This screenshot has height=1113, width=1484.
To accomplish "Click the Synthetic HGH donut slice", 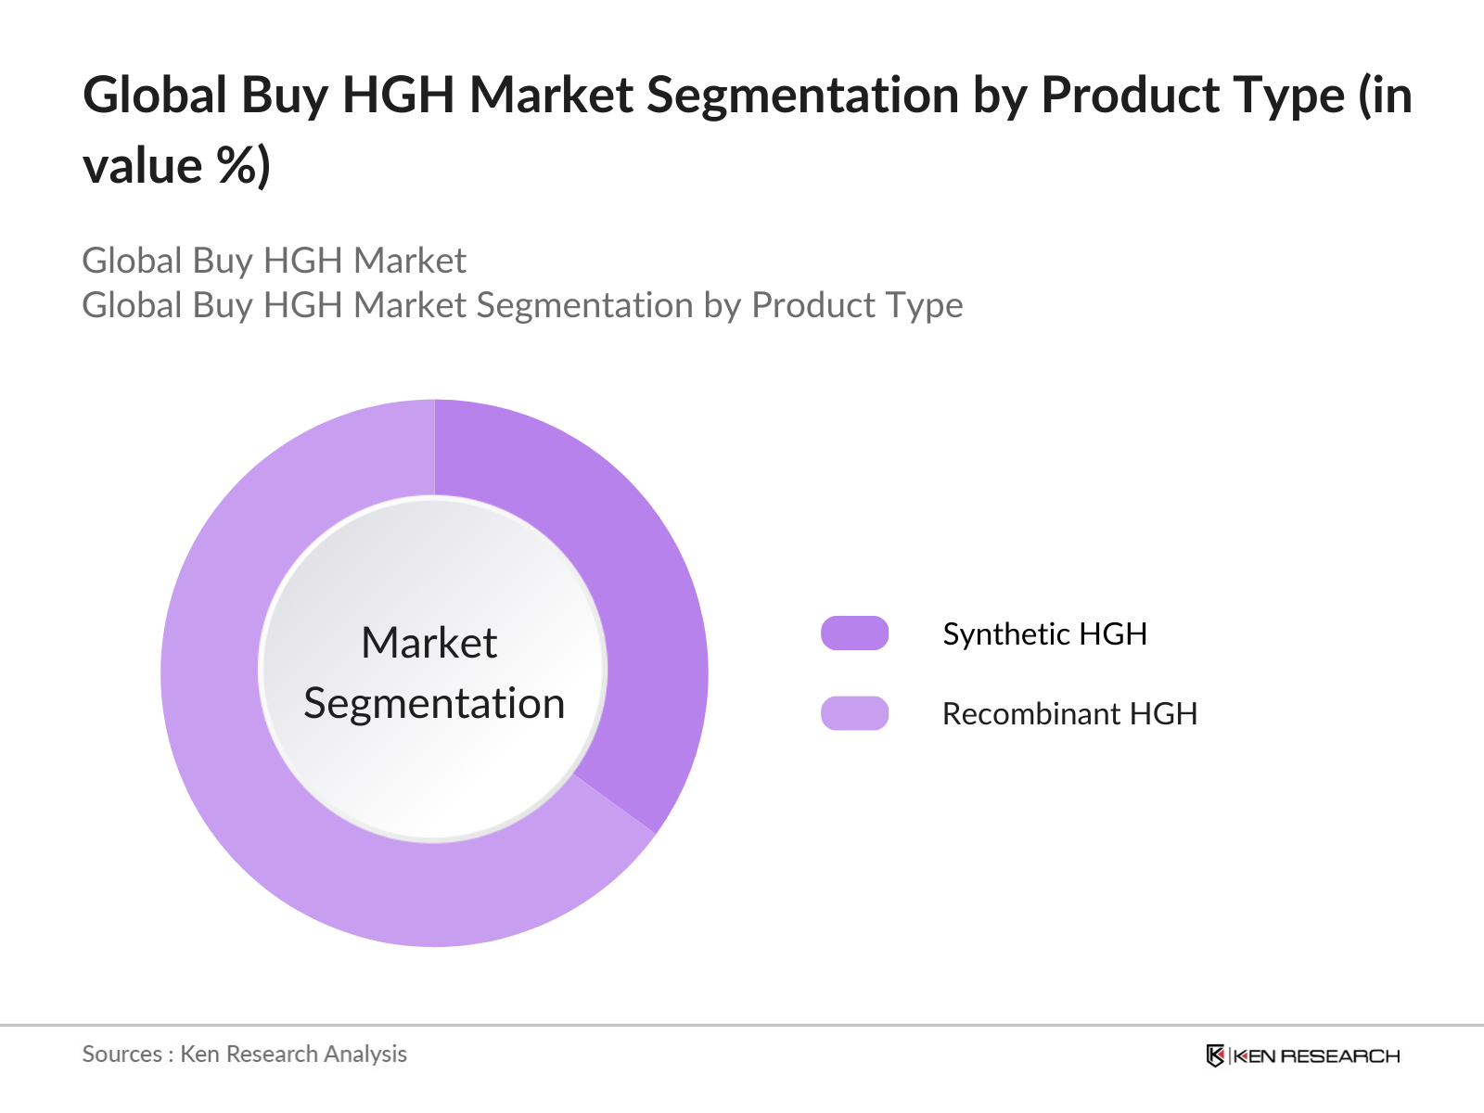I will coord(640,594).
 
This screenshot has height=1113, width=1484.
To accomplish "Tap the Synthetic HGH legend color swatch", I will coord(854,633).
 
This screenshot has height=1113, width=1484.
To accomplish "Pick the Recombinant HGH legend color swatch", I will coord(854,713).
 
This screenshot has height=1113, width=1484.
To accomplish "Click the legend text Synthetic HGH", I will coord(1044,633).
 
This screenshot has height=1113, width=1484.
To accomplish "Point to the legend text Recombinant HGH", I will coord(1069,713).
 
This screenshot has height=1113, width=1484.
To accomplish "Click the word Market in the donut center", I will coord(429,643).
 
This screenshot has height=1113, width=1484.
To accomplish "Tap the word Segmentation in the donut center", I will coord(434,703).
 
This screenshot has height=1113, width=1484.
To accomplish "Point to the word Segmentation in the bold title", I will coord(802,95).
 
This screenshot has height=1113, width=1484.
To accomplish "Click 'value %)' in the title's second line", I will coord(176,166).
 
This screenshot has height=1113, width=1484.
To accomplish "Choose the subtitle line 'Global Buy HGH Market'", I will coord(274,261).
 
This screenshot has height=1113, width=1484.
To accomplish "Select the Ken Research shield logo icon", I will coord(1215,1055).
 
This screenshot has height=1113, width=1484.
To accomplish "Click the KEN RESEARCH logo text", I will coord(1317,1055).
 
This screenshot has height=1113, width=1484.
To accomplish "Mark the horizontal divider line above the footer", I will coord(742,1025).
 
